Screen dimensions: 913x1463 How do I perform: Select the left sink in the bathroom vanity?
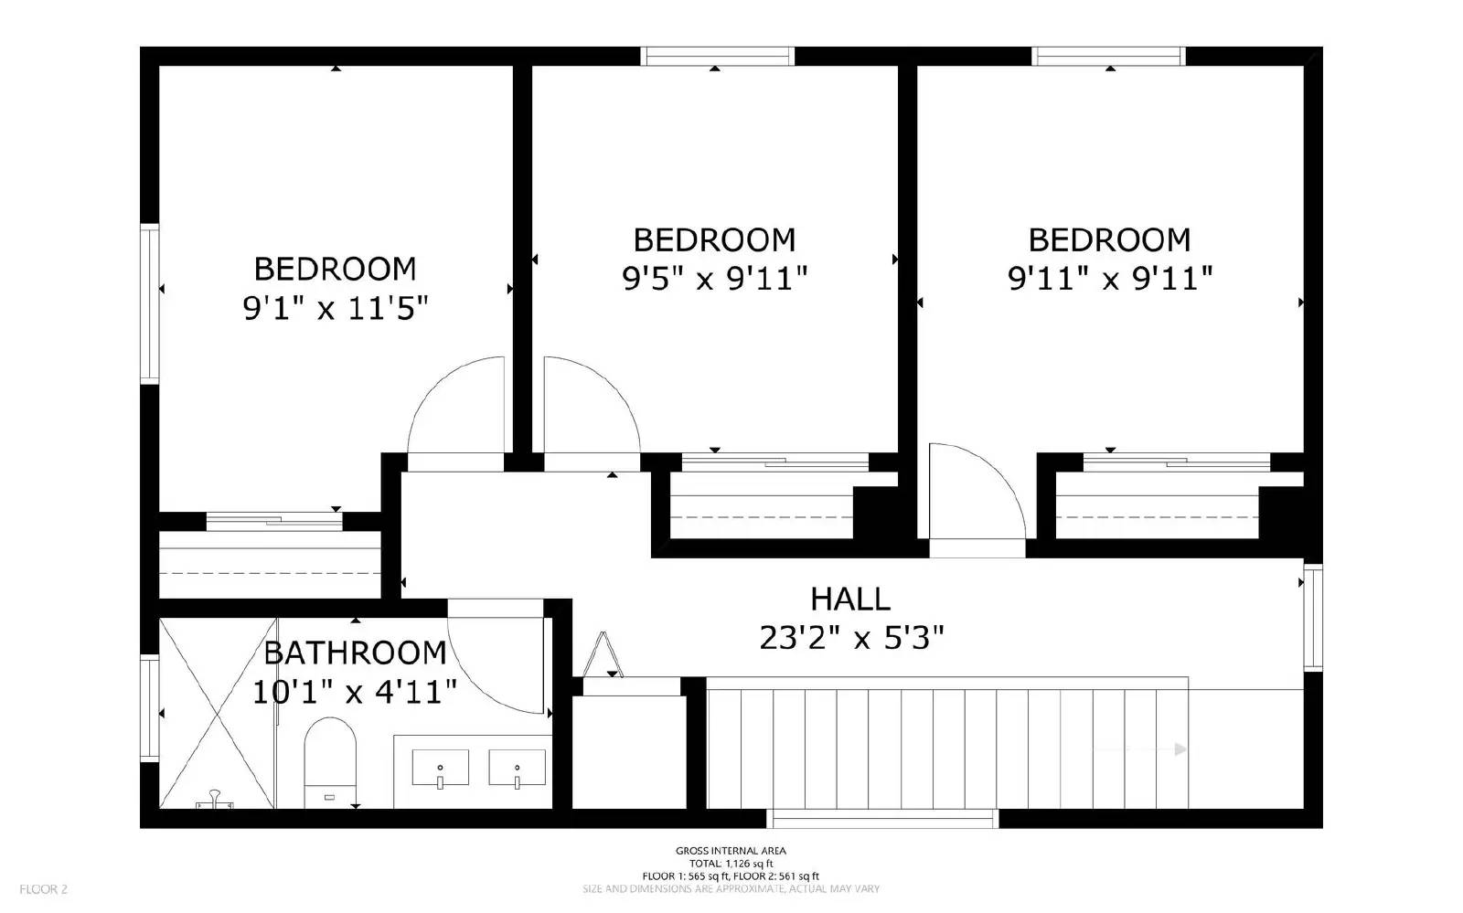(440, 768)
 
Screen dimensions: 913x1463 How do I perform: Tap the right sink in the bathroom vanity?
(517, 768)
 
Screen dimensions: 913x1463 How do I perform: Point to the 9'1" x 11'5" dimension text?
(336, 309)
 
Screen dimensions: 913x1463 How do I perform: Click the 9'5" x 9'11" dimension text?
(715, 278)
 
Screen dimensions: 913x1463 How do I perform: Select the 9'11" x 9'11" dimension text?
(1110, 278)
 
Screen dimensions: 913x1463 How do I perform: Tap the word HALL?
(850, 600)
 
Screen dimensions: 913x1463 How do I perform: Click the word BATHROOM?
(355, 653)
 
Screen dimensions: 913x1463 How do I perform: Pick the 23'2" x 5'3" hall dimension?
(850, 637)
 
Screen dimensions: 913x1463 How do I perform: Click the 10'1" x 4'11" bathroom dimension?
(355, 692)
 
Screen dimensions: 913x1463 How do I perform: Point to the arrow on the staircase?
(1180, 749)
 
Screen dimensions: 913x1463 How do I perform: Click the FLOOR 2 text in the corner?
(43, 888)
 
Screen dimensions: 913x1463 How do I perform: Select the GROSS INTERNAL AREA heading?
(731, 851)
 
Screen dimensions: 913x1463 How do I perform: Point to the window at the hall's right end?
(1313, 618)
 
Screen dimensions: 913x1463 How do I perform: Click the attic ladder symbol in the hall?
(603, 654)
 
